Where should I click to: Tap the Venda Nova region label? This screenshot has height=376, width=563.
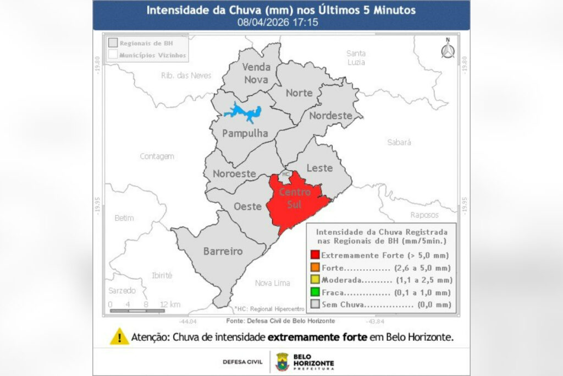pos(257,73)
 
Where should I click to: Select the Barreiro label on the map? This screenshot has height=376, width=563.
pos(223,251)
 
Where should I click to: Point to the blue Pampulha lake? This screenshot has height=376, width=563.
pos(242,112)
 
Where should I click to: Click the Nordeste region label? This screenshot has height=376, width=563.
pos(330,116)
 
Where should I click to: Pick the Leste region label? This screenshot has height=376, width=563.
pos(319,168)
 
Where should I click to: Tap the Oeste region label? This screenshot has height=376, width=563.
pos(247,206)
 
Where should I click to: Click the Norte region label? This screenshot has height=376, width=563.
pos(299,93)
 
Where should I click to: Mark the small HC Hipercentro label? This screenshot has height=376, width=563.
pos(285,173)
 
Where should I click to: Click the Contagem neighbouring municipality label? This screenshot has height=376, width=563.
pos(157,156)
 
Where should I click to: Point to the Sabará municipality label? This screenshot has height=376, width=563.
pos(399,142)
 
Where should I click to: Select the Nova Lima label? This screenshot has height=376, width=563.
pos(272,283)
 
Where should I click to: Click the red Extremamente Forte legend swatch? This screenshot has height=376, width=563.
pos(314,255)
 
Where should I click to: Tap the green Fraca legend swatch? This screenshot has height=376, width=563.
pos(314,292)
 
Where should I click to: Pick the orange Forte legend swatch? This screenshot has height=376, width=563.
pos(314,268)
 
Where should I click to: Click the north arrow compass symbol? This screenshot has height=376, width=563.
pos(448,48)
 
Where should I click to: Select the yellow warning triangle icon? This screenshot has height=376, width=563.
pos(119,336)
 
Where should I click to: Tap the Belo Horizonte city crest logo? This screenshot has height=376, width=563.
pos(282,362)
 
